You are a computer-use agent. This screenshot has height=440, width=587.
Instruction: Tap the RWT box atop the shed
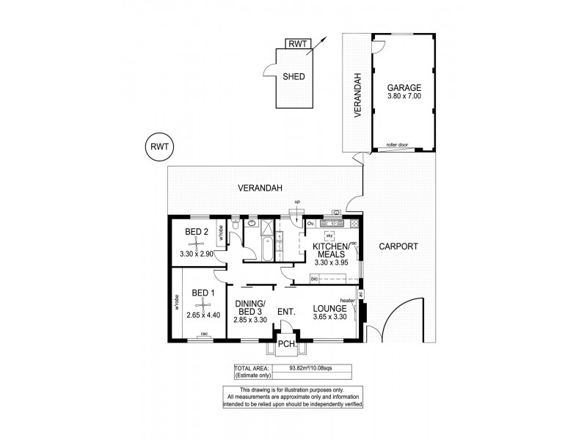298,43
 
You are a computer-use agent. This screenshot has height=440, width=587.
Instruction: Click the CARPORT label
398,247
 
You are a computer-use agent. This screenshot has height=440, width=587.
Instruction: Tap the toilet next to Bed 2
235,229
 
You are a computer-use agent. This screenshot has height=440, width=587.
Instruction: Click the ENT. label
286,312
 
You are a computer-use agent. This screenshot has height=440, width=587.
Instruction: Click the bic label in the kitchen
316,279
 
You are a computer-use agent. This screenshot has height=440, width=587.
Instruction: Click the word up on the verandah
297,202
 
